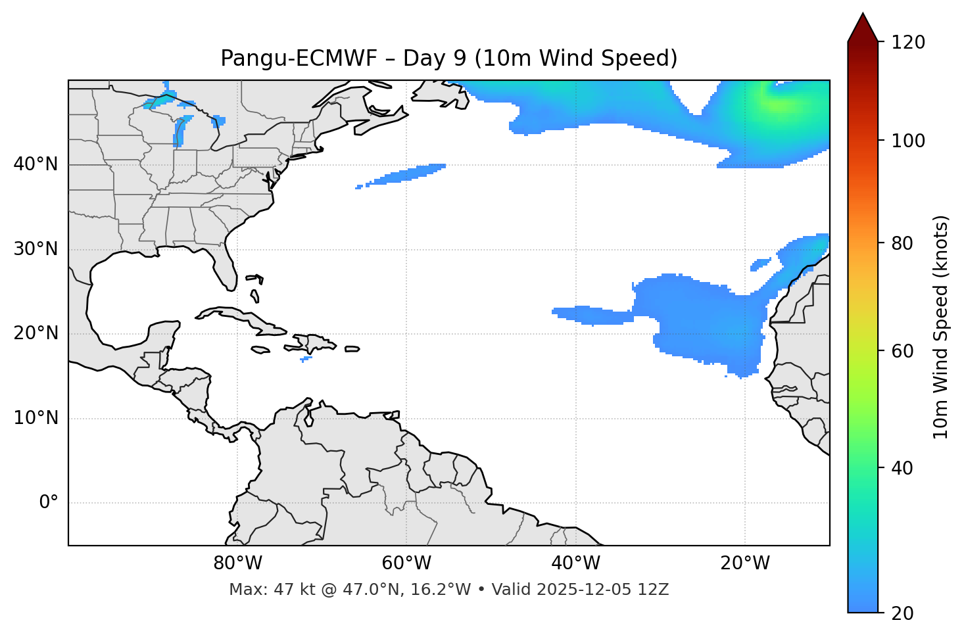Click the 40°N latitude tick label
coord(36,164)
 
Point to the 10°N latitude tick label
coord(36,418)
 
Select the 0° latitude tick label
coord(49,503)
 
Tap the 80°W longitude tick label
coord(237,563)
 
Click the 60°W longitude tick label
coord(406,563)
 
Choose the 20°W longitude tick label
coord(745,563)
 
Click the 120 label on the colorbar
coord(907,43)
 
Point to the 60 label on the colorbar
coord(902,351)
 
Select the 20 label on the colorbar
coord(902,613)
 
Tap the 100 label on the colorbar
coord(907,141)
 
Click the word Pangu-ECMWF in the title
coord(299,59)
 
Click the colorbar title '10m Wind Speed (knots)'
coord(941,327)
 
